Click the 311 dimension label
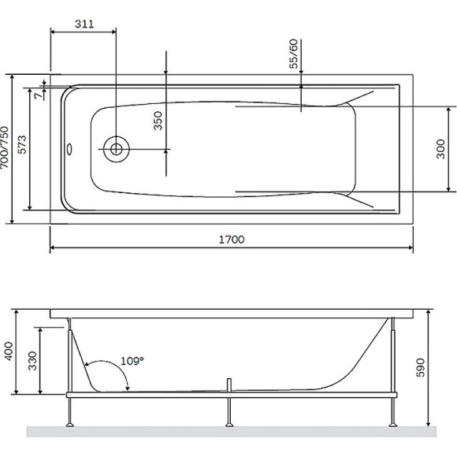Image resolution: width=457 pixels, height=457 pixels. [x=84, y=24]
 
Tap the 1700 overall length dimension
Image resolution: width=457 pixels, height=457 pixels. [x=232, y=240]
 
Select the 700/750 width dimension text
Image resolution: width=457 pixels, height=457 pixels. [x=5, y=148]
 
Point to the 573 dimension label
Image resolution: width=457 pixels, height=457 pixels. [x=22, y=144]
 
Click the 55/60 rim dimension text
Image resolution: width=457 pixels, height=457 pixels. [x=294, y=54]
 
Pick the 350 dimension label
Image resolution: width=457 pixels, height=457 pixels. [x=158, y=121]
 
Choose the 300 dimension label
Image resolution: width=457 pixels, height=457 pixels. [x=440, y=149]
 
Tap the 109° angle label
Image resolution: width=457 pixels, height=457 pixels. [x=132, y=361]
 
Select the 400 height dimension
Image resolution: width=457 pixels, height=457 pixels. [x=9, y=351]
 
